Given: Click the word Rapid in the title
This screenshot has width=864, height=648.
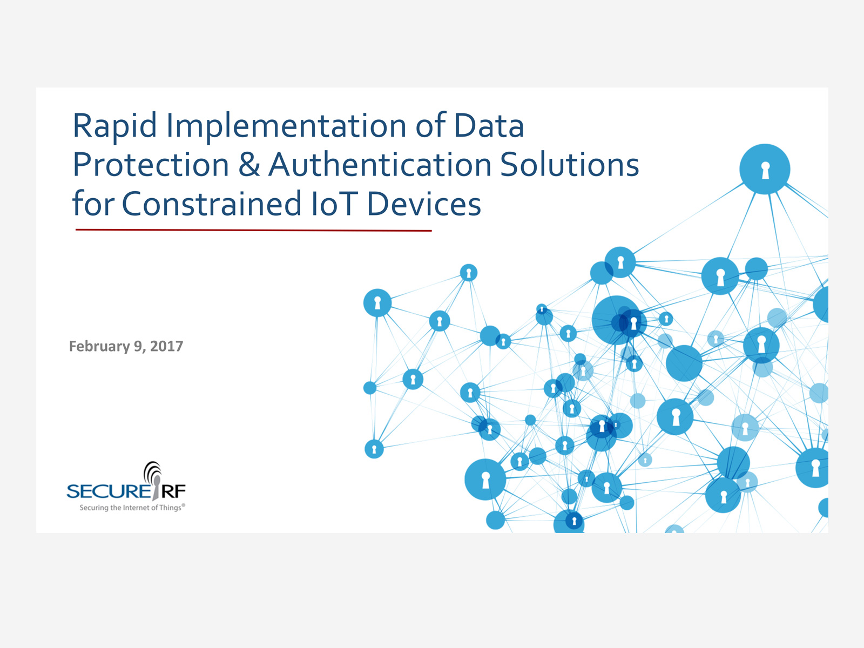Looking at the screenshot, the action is pyautogui.click(x=114, y=126).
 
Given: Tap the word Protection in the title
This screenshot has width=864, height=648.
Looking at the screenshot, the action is pyautogui.click(x=151, y=165).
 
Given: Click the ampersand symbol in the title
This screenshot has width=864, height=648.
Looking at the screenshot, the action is pyautogui.click(x=249, y=165).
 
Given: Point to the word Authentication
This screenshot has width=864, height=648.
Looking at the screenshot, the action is pyautogui.click(x=380, y=165).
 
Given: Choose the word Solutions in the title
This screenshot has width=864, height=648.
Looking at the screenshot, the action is pyautogui.click(x=570, y=165).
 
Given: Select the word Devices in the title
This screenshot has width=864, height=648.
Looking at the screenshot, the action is pyautogui.click(x=424, y=204).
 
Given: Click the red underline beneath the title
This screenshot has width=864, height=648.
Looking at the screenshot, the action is pyautogui.click(x=253, y=230).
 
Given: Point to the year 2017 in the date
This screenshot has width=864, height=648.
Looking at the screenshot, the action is pyautogui.click(x=166, y=346).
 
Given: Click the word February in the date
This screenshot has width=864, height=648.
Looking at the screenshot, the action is pyautogui.click(x=99, y=347).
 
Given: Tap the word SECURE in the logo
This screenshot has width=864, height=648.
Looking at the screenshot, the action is pyautogui.click(x=108, y=491).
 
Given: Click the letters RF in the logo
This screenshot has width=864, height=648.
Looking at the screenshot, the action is pyautogui.click(x=173, y=491).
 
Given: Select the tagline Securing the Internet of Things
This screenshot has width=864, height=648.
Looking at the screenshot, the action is pyautogui.click(x=131, y=508).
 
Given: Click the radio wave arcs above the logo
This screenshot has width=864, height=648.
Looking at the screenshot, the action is pyautogui.click(x=153, y=470).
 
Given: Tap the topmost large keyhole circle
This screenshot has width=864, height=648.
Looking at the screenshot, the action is pyautogui.click(x=765, y=169).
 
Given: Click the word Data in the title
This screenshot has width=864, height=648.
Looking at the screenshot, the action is pyautogui.click(x=489, y=126).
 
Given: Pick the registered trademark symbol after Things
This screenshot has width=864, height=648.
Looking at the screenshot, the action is pyautogui.click(x=184, y=505).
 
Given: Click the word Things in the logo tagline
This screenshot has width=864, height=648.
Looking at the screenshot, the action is pyautogui.click(x=171, y=508).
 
